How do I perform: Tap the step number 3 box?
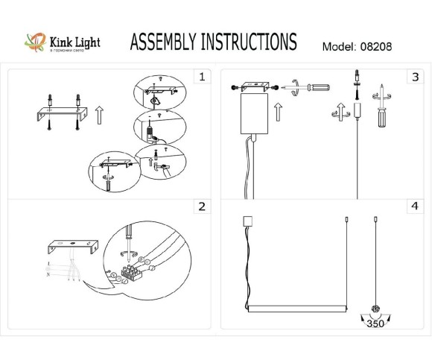(414, 77)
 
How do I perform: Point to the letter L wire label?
(48, 263)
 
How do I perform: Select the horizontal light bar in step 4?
(297, 306)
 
